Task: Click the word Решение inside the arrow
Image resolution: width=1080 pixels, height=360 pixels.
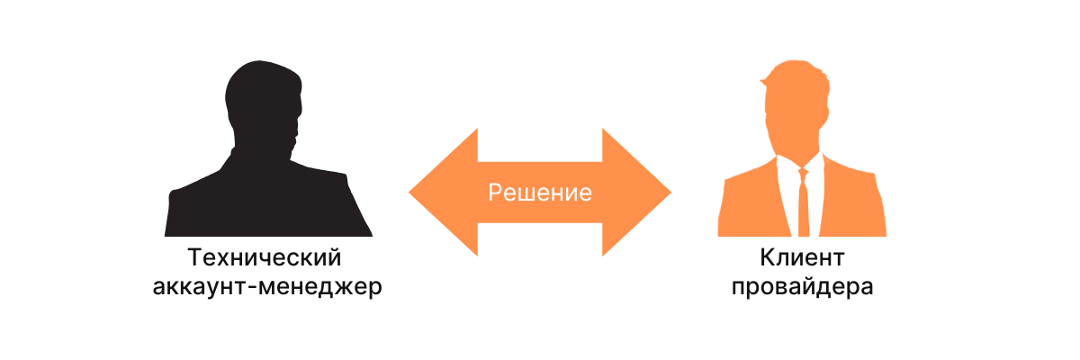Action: click(539, 193)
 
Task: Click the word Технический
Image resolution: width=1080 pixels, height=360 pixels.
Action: click(265, 257)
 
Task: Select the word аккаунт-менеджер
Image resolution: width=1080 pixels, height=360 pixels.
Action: click(267, 287)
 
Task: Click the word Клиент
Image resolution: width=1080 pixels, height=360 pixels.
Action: click(802, 257)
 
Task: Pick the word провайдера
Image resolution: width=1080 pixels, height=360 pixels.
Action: click(802, 287)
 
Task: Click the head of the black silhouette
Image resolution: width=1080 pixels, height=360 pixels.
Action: click(263, 103)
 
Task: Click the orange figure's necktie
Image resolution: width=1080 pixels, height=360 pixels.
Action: click(803, 205)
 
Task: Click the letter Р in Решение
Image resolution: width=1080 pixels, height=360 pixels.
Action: click(495, 193)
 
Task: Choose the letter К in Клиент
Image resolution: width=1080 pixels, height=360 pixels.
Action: click(767, 257)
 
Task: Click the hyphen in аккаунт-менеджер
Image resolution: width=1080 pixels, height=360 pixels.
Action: click(253, 288)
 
